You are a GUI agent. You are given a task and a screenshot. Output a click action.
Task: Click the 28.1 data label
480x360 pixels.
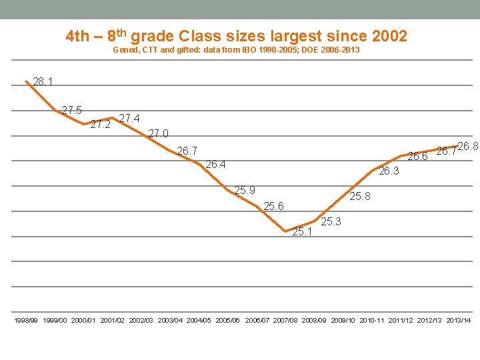click(43, 82)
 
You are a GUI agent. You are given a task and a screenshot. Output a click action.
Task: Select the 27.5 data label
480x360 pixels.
click(71, 110)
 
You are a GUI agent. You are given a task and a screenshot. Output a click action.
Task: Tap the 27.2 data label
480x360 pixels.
click(100, 125)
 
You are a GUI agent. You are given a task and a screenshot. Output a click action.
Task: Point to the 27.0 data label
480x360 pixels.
click(158, 133)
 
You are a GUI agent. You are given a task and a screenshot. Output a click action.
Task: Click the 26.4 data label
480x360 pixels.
click(216, 164)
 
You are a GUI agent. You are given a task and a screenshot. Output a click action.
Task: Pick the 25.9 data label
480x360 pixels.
click(245, 191)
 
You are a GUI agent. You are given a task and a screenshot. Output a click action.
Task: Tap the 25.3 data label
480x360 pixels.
click(331, 221)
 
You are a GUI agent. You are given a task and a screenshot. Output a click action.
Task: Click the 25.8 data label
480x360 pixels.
click(361, 196)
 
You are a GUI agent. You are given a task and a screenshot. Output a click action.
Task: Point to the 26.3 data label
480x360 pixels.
click(389, 171)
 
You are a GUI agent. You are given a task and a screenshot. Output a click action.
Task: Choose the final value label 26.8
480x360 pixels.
click(468, 146)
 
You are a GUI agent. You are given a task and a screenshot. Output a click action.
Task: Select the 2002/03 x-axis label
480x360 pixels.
click(141, 321)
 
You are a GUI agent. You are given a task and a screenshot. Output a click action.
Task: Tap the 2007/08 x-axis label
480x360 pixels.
click(285, 321)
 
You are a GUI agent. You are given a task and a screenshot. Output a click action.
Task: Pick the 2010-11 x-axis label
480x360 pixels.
click(372, 321)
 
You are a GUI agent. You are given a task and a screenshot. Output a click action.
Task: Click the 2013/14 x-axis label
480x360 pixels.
click(459, 321)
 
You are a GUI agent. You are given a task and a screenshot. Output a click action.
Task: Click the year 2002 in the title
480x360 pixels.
click(389, 36)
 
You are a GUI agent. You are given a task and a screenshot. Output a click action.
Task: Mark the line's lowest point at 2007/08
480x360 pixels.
click(285, 231)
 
